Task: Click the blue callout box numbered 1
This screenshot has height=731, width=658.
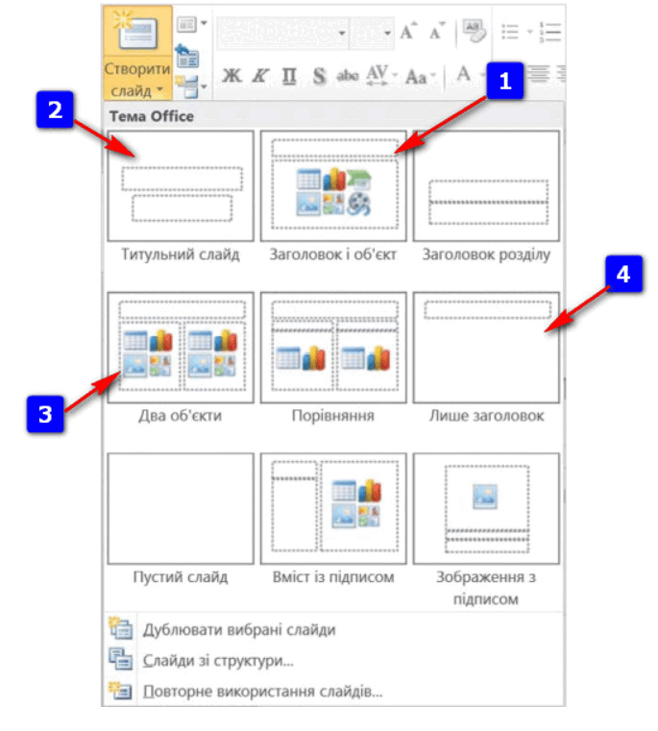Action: pos(505,81)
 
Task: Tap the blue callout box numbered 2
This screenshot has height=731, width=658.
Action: pos(55,110)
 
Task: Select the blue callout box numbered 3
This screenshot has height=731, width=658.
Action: pos(45,414)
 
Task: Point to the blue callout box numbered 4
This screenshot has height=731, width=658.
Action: pos(624,274)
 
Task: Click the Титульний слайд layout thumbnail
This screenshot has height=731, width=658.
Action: pos(181,185)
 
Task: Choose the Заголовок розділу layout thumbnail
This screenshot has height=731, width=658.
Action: pos(486,185)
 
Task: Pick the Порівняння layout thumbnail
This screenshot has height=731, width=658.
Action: pos(333,348)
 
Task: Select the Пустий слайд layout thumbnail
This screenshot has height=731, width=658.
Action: pos(181,508)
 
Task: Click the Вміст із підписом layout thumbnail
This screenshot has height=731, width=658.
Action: pos(333,508)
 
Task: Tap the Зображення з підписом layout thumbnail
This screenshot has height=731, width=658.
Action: pos(486,508)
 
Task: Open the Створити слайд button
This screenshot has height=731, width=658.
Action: pos(137,53)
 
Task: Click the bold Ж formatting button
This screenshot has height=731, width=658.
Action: pos(232,76)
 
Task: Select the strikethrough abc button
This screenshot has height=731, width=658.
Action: pos(348,75)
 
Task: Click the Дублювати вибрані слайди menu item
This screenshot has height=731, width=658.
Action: pos(239,630)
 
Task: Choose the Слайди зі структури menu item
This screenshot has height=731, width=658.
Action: pos(218,661)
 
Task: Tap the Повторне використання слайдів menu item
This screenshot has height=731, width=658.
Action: pos(262,691)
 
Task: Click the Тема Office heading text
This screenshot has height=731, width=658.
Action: pos(152,116)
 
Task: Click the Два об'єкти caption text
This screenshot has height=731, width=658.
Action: pos(181,415)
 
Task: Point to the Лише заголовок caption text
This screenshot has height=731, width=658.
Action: pos(486,415)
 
